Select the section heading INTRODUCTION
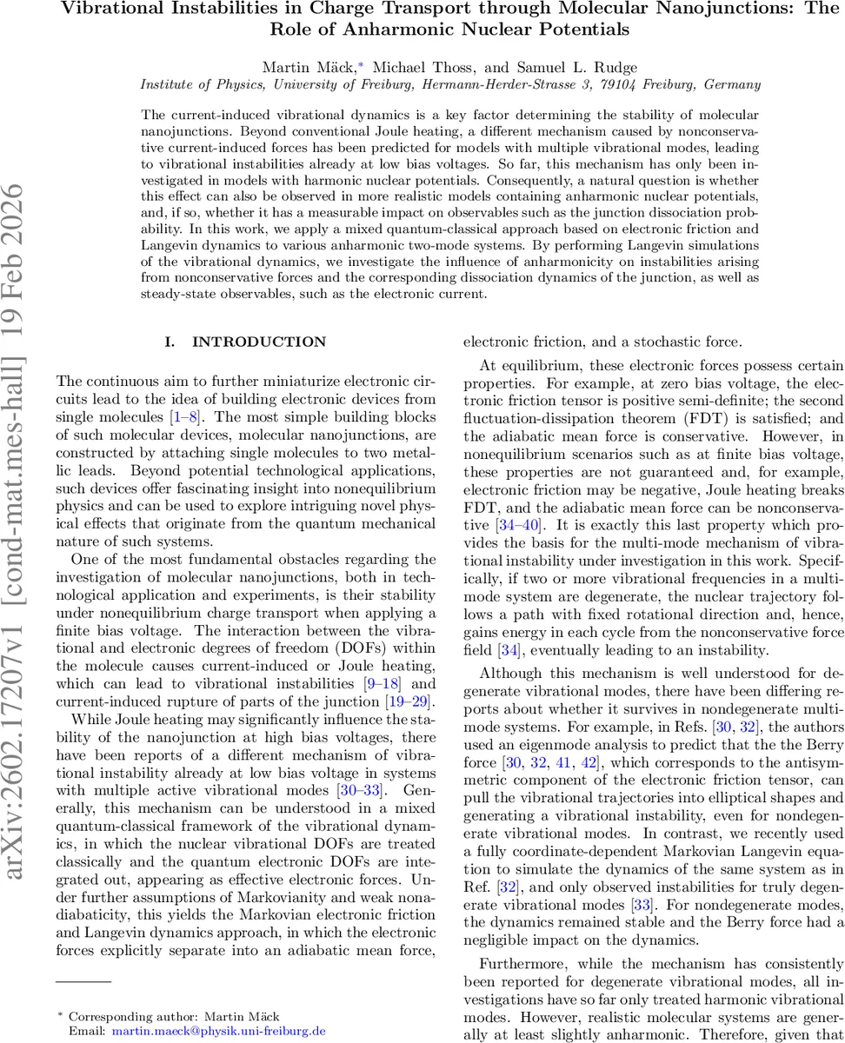[x=259, y=342]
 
